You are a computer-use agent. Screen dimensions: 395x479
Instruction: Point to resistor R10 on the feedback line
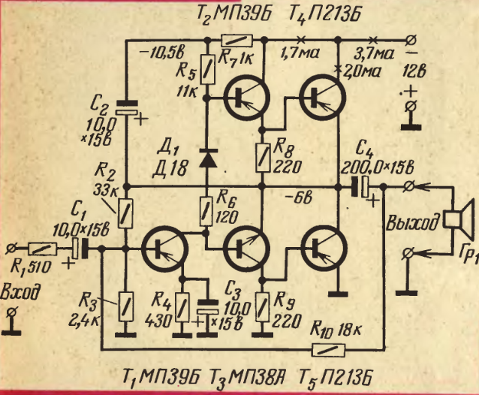pos(327,348)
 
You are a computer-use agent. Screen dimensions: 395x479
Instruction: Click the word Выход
pos(411,223)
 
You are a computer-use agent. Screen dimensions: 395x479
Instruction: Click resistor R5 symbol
pos(206,72)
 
